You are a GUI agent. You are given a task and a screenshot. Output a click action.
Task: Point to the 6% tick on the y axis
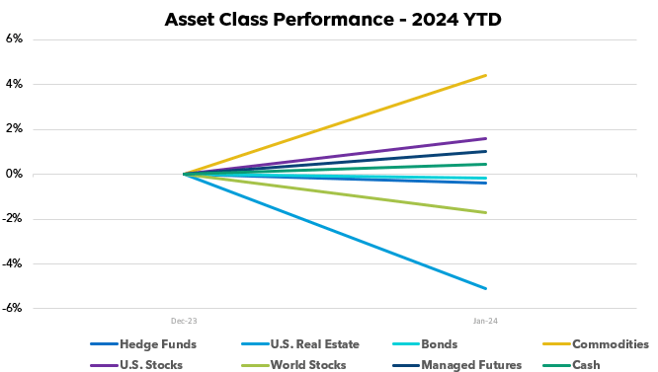click(14, 39)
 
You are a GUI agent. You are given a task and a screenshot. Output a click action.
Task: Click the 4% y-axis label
click(14, 84)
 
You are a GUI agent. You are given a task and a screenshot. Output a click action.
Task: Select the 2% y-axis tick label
click(14, 129)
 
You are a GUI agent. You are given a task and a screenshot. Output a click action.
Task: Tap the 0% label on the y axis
click(14, 175)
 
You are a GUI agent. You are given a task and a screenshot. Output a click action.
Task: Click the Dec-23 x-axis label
click(184, 321)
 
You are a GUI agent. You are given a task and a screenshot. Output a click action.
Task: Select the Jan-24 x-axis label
click(485, 321)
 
